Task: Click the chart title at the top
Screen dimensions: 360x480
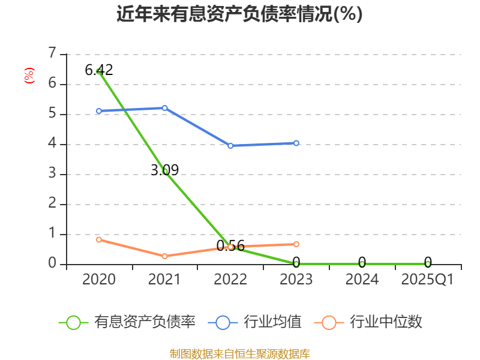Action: [x=239, y=14]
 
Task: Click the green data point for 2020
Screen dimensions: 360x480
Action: [x=99, y=71]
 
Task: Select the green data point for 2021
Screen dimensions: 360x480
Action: [x=165, y=172]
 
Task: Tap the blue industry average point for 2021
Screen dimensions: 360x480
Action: [x=165, y=108]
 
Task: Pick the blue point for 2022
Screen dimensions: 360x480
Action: [x=230, y=145]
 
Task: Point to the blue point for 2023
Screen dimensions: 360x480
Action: [x=296, y=143]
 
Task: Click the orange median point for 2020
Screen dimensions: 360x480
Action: [x=99, y=239]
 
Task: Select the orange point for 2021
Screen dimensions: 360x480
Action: [x=165, y=256]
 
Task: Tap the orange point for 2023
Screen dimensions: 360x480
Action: [x=296, y=244]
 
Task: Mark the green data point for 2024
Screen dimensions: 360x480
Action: [x=362, y=264]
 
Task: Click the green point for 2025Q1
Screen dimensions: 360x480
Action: [x=428, y=264]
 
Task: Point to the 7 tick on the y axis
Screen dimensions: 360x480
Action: [x=52, y=54]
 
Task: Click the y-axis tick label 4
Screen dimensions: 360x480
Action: [x=52, y=144]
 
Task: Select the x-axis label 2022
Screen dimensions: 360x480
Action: [x=230, y=280]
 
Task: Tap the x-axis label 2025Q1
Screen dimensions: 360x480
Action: [x=428, y=280]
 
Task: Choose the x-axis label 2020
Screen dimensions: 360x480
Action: [x=99, y=280]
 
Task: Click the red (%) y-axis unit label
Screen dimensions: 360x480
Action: [x=29, y=76]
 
